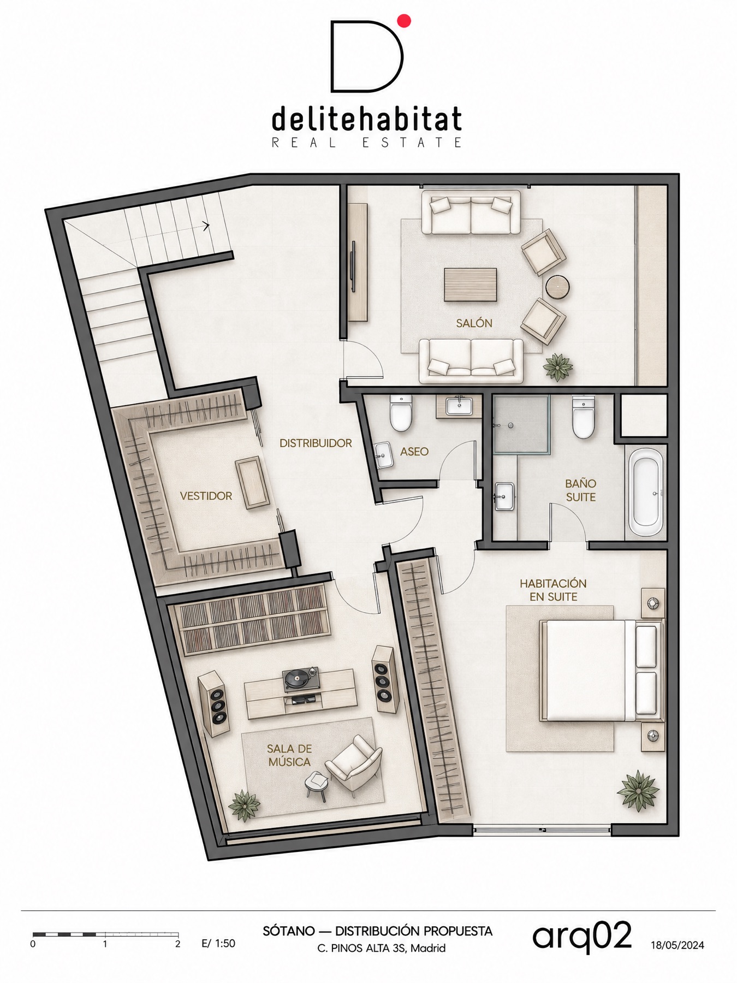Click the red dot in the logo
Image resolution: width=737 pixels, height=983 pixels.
pos(404,21)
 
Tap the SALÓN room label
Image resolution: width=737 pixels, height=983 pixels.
pos(474,323)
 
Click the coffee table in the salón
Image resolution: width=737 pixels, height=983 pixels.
pos(470,285)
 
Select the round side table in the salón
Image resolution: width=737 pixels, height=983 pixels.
pos(557,287)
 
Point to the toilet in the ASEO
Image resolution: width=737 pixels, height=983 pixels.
pos(401,413)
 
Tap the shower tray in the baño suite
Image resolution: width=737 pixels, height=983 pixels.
pos(521,424)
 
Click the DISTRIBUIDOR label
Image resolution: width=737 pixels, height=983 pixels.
pos(316,443)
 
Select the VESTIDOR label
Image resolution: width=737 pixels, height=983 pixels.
pos(206,496)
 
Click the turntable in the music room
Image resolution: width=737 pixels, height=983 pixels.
pos(300,680)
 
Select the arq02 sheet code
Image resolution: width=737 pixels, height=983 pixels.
pos(582,936)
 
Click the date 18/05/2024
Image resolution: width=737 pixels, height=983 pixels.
pos(677,945)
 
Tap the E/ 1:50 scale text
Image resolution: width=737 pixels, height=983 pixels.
pos(218,943)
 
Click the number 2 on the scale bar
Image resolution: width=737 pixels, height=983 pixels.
pos(177,944)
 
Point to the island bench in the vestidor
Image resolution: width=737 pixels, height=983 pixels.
pos(253,483)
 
